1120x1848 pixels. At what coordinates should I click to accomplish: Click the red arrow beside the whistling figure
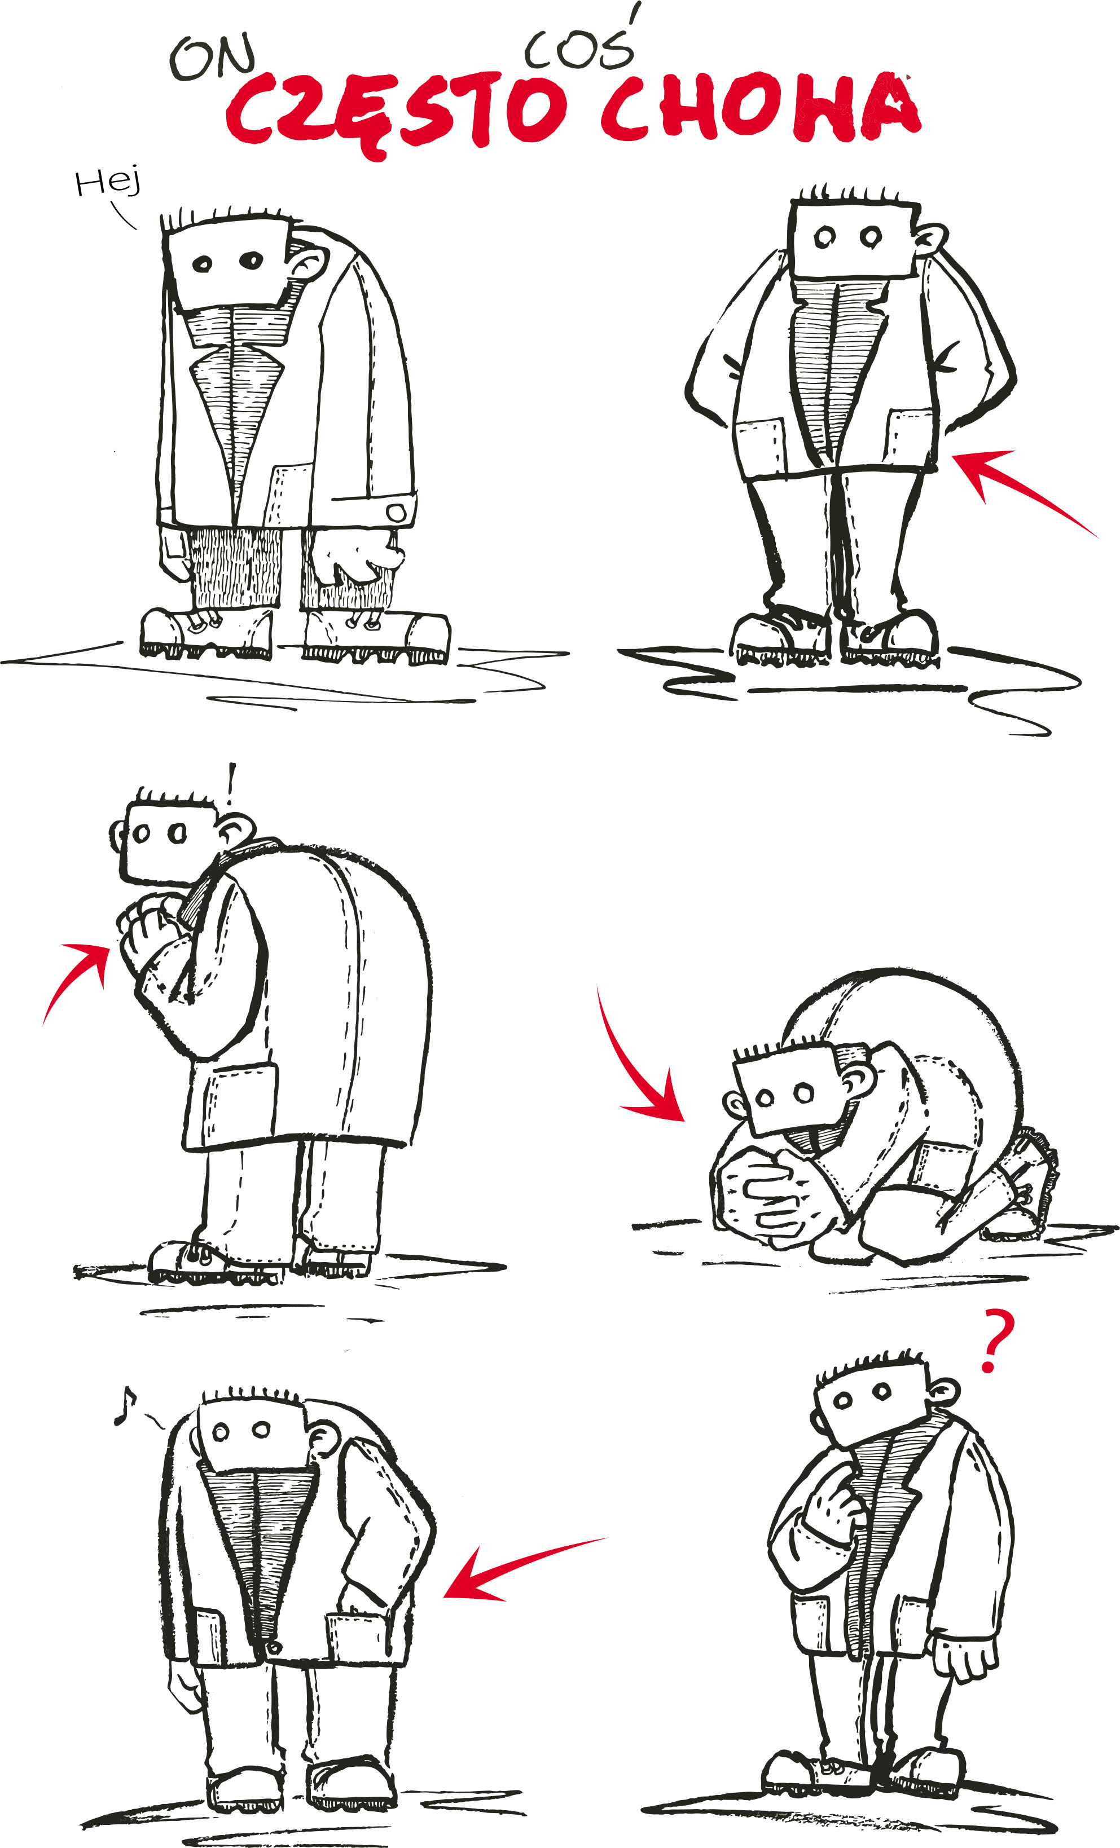tap(517, 1564)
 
